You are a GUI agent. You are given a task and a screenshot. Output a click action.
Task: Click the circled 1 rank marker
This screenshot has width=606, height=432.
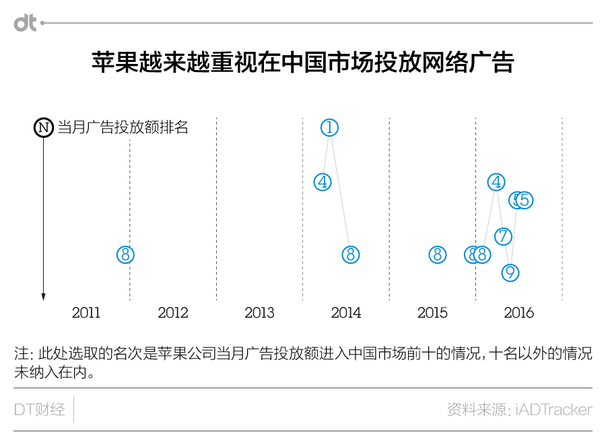pos(329,127)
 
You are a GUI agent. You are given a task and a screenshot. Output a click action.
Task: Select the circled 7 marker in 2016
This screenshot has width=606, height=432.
pos(503,236)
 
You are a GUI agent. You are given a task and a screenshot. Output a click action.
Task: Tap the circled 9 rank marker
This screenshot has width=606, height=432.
pos(510,273)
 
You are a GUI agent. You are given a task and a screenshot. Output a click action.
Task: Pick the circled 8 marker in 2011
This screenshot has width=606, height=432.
pos(125,254)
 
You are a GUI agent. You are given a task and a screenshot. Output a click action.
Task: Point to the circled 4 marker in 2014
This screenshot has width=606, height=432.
pos(323,182)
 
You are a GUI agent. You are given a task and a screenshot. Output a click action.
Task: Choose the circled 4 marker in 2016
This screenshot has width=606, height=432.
pos(497,182)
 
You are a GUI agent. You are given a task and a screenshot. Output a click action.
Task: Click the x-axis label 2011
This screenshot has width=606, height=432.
pos(86,313)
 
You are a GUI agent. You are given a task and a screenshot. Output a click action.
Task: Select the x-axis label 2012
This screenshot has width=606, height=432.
pos(173,313)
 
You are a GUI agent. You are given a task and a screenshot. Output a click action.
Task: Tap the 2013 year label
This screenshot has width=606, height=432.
pos(259,313)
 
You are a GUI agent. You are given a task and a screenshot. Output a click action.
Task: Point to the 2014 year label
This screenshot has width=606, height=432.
pos(346,313)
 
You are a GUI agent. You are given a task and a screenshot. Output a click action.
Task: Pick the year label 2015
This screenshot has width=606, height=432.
pos(432,313)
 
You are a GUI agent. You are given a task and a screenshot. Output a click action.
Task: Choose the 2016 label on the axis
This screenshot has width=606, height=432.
pos(519,313)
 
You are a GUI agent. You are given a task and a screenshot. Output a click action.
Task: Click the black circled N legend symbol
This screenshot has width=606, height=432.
pos(43,127)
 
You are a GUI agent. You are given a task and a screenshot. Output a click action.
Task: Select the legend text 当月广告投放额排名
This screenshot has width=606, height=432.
pos(123,127)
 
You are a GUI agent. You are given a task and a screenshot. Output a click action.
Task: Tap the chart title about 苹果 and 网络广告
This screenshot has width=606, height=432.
pos(303,63)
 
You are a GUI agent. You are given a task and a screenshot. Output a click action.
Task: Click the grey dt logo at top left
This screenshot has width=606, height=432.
pos(25,24)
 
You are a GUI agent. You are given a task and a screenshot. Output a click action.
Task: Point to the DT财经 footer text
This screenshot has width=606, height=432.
pos(40,409)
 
